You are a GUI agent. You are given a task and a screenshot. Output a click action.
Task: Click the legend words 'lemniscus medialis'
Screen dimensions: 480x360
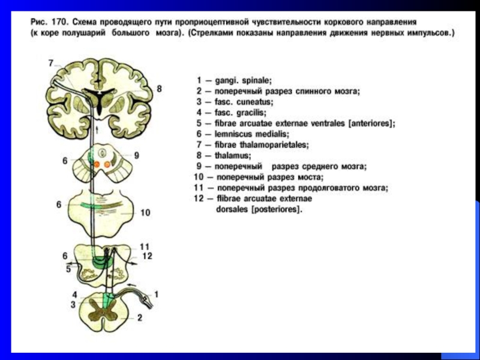tap(251, 134)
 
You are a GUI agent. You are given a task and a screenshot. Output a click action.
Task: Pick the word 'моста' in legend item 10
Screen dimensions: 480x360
tap(312, 177)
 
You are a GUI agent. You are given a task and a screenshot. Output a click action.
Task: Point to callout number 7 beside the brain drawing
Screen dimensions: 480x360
tap(51, 62)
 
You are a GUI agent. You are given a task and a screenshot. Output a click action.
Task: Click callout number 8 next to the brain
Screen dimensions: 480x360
tap(159, 89)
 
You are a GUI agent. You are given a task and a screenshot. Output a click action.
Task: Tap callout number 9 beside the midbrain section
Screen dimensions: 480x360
tap(137, 155)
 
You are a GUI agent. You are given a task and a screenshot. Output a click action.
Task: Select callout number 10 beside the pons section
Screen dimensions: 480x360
tap(146, 212)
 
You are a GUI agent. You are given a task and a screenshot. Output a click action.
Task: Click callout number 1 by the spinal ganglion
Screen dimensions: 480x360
tap(157, 294)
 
